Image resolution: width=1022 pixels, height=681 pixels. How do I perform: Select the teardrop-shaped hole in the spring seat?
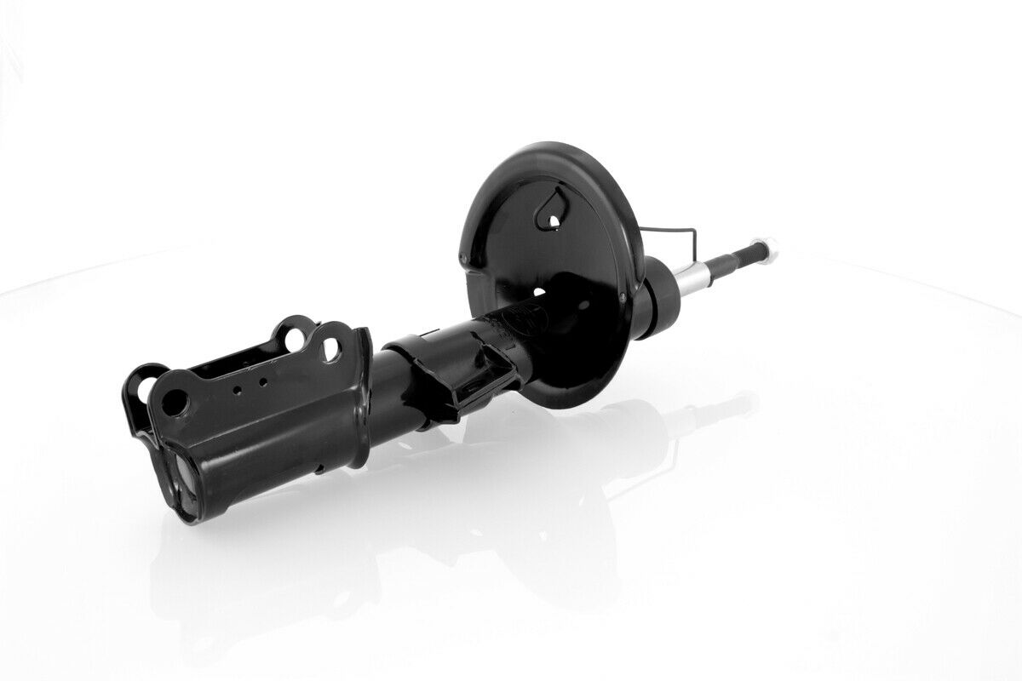pos(553,214)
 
